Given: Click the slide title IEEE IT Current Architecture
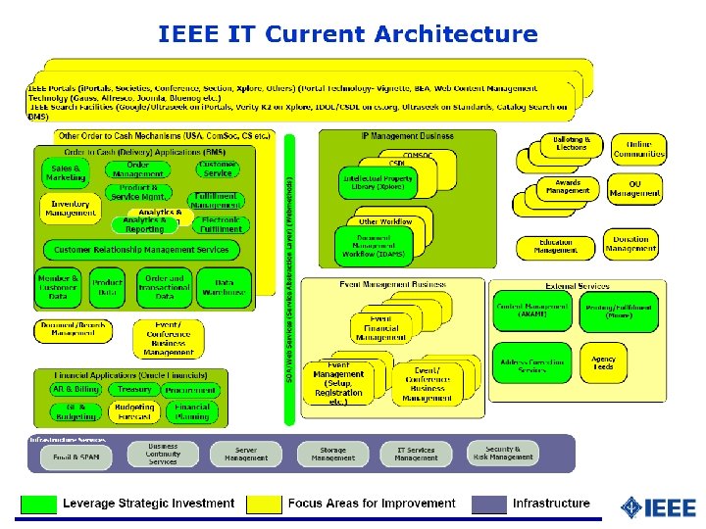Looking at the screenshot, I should click(x=348, y=35).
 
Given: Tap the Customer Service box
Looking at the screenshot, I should click(x=217, y=169).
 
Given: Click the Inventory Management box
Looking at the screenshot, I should click(x=71, y=208).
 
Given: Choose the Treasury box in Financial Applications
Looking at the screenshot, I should click(x=134, y=390).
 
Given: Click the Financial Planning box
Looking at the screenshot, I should click(x=192, y=411).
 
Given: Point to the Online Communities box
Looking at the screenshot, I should click(x=639, y=149).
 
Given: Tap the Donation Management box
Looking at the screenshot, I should click(x=630, y=245).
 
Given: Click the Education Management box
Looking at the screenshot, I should click(x=555, y=246).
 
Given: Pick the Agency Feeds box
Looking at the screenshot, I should click(x=604, y=362).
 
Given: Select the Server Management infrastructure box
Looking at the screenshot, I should click(x=245, y=454).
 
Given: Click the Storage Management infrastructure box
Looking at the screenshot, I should click(x=333, y=454).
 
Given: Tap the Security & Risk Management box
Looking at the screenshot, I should click(x=503, y=453).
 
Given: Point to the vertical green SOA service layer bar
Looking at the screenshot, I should click(x=289, y=279).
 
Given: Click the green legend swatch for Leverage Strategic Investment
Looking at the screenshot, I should click(x=39, y=504).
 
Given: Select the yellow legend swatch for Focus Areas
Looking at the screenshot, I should click(x=263, y=504).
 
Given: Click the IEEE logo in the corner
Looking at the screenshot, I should click(x=658, y=506).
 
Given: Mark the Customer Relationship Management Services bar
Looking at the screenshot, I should click(x=142, y=251).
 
